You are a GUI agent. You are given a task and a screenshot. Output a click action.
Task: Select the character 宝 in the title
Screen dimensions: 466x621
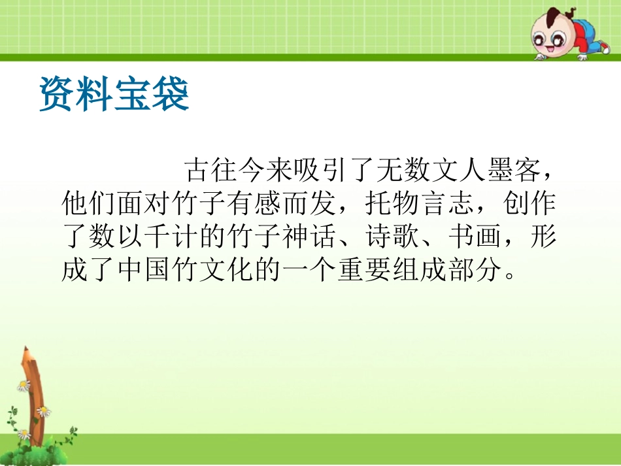[133, 94]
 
